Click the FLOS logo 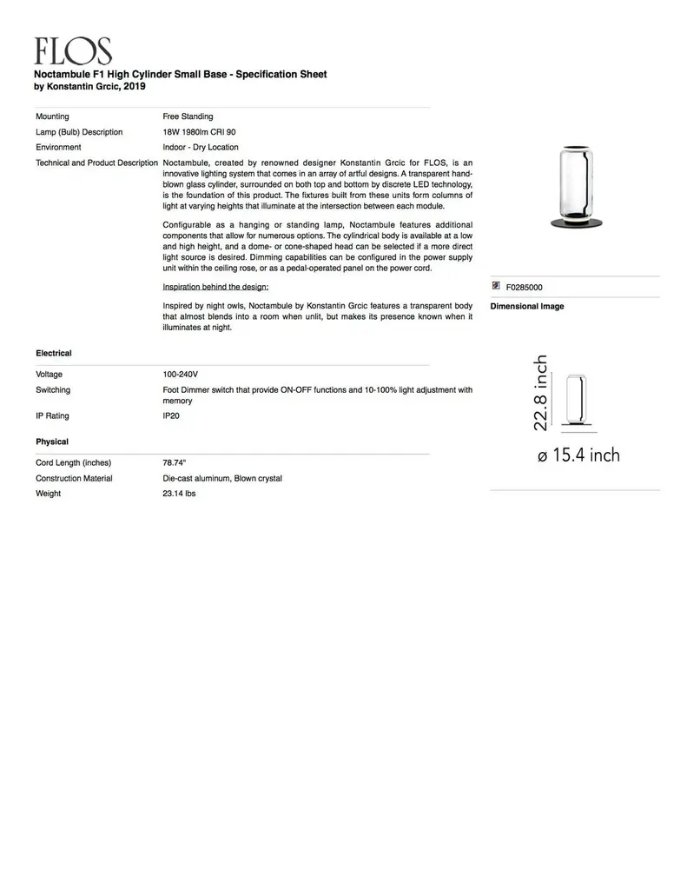click(73, 51)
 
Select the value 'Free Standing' click(188, 116)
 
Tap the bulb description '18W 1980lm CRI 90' click(199, 132)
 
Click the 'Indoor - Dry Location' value click(200, 148)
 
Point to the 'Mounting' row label click(52, 116)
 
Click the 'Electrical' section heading click(54, 354)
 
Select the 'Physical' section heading click(52, 442)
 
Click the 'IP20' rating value click(171, 416)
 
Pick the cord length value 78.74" click(175, 463)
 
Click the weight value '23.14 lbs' click(179, 494)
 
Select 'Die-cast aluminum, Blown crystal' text click(222, 479)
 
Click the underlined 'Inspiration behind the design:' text click(215, 287)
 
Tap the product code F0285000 click(525, 287)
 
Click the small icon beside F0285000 click(496, 286)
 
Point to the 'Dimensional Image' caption click(527, 307)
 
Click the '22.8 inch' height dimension click(540, 392)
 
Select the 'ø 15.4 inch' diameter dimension click(578, 455)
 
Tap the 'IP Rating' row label click(52, 416)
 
